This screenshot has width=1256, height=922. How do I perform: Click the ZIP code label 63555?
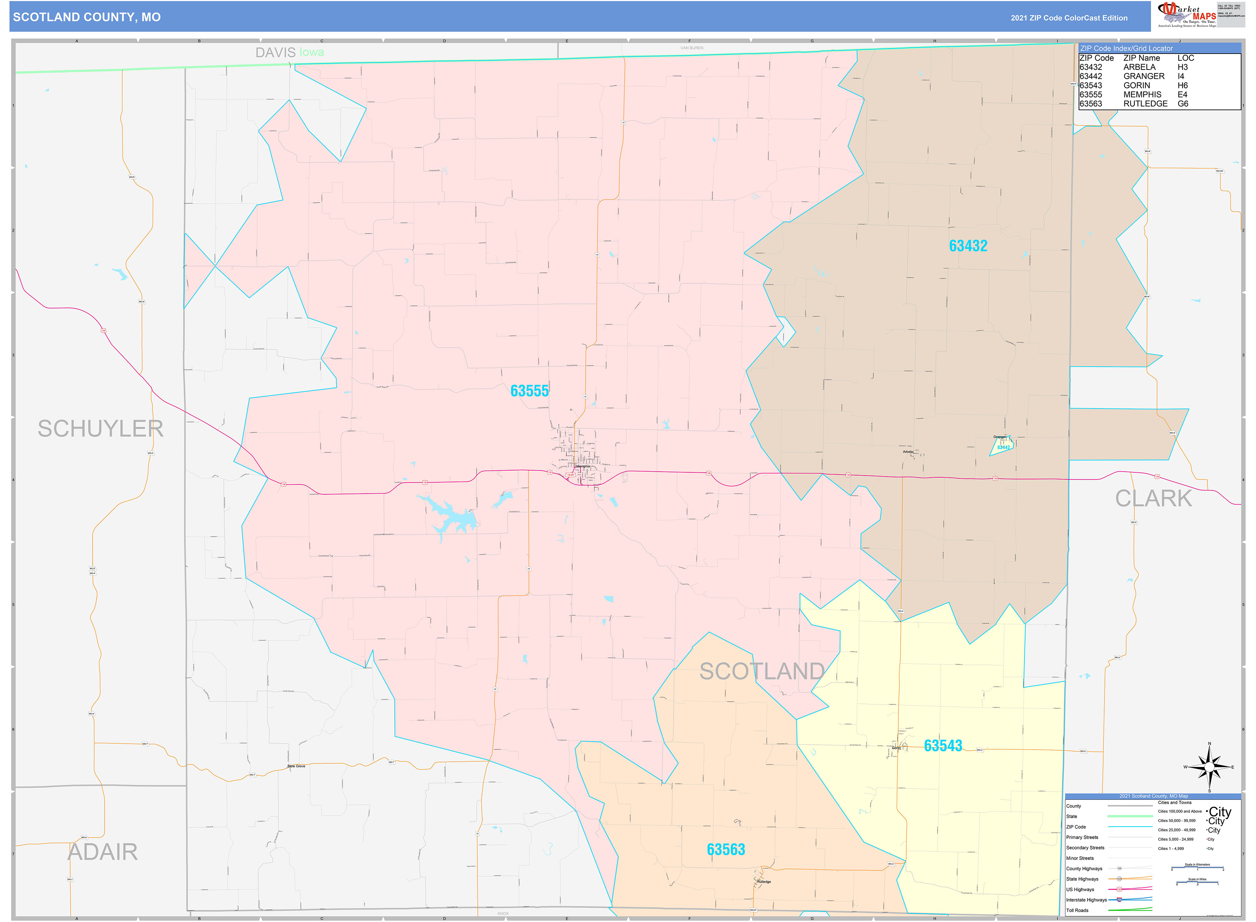tap(529, 391)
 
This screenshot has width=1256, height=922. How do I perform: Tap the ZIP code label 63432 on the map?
tap(968, 245)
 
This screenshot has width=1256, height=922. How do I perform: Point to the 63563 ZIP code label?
tap(726, 849)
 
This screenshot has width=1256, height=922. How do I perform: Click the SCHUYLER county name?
tap(100, 429)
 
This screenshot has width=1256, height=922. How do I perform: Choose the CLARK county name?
tap(1153, 498)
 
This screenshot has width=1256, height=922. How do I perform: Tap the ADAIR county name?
tap(103, 852)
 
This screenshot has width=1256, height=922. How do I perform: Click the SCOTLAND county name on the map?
tap(762, 671)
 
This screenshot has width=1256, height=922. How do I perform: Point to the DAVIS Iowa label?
tap(289, 52)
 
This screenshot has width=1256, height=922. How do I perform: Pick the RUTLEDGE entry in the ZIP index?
tap(1145, 104)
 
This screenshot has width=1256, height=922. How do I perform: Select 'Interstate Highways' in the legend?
tap(1086, 900)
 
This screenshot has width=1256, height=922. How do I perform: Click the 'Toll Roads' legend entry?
tap(1077, 910)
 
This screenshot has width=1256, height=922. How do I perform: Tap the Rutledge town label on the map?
tap(764, 882)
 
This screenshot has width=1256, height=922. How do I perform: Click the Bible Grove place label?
tap(296, 766)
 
